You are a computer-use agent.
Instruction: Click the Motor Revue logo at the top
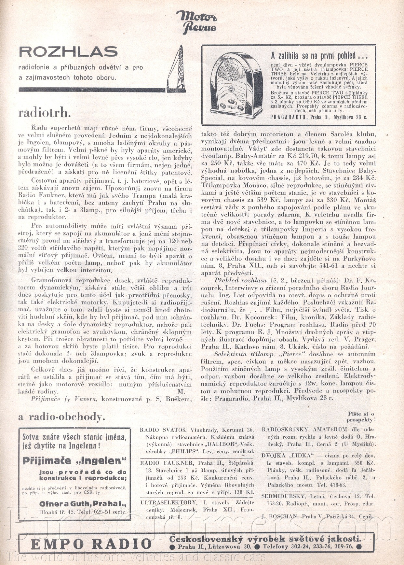point(196,21)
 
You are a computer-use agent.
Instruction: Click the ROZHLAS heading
point(68,52)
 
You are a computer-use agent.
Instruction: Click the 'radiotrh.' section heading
point(44,113)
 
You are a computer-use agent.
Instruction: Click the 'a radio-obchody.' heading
point(62,417)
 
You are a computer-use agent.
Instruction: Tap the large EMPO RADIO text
point(92,544)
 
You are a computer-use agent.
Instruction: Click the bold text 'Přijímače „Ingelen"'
point(74,460)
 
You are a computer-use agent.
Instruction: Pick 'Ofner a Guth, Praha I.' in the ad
point(83,504)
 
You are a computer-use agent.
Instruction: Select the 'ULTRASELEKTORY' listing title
point(168,502)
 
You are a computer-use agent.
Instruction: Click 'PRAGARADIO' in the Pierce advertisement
point(288,117)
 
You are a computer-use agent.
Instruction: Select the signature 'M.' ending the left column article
point(181,391)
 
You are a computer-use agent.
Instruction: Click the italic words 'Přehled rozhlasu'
point(236,280)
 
